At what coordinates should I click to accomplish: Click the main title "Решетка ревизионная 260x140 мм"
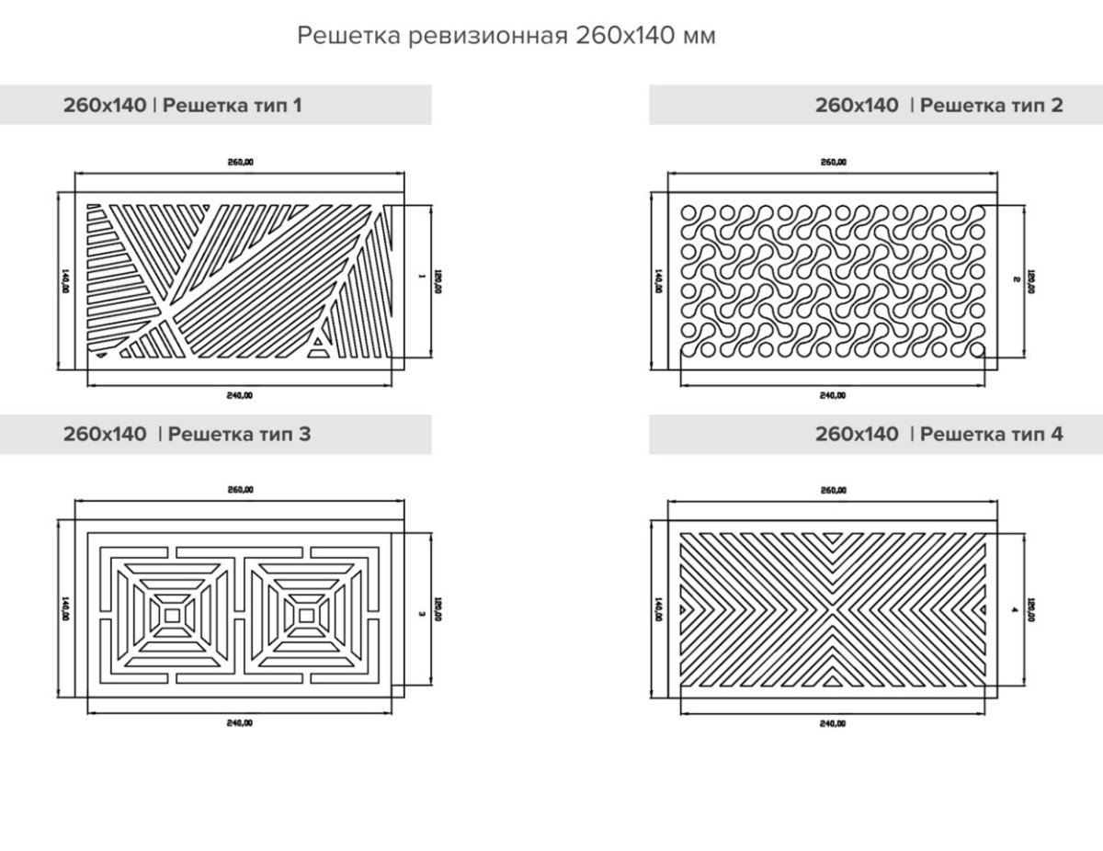coord(506,36)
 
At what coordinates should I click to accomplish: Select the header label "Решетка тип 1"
coord(232,105)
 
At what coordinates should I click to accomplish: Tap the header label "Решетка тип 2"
coord(991,105)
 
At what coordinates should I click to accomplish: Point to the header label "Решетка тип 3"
coord(240,434)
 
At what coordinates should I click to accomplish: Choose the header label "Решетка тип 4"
coord(991,434)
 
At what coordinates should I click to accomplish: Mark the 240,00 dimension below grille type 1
coord(239,395)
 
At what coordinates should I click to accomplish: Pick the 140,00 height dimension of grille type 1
coord(64,279)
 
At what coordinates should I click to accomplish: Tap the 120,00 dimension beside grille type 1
coord(438,279)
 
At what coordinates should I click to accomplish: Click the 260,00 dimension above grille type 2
coord(834,162)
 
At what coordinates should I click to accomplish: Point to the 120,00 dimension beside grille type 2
coord(1031,279)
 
